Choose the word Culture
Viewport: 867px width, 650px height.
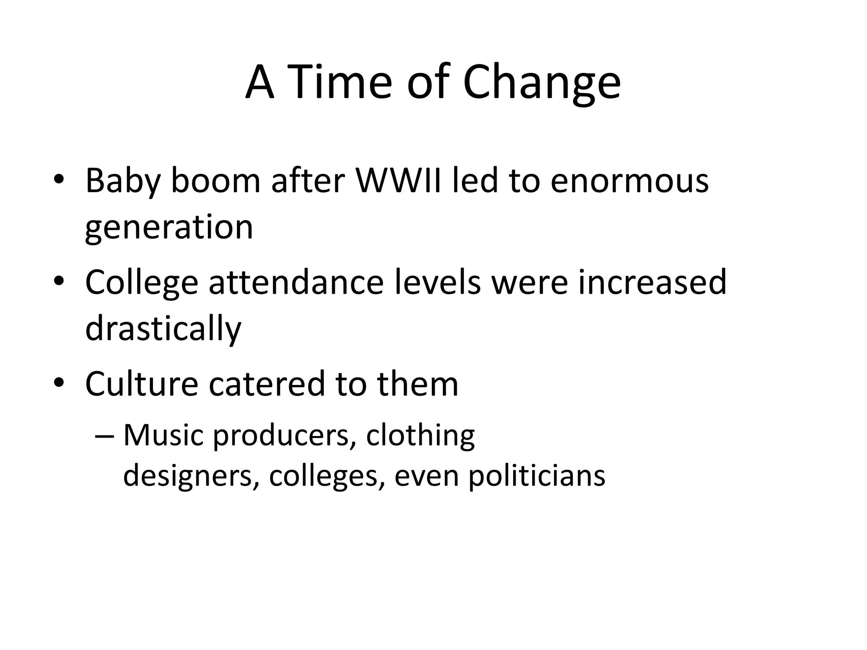tap(141, 384)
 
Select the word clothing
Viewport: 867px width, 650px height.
tap(420, 436)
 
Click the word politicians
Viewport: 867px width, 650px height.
tap(537, 476)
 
